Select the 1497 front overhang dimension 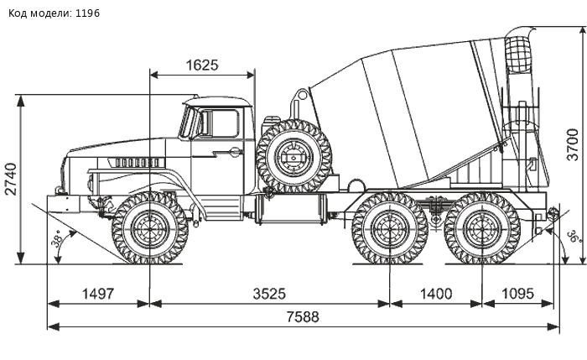[97, 294]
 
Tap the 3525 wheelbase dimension [270, 294]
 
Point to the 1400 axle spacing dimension [436, 294]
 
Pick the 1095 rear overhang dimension [519, 294]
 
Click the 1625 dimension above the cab [202, 65]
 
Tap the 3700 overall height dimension [573, 143]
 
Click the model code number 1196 [86, 14]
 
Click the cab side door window [220, 123]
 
